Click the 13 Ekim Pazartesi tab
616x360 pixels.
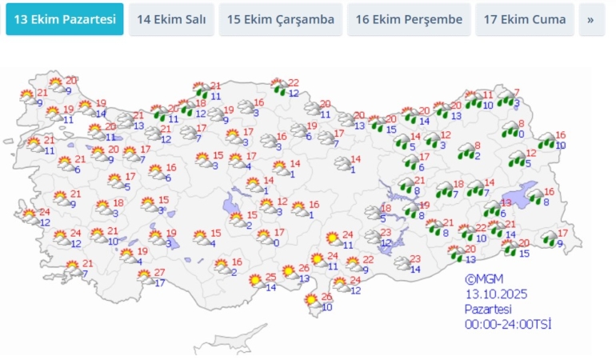pos(65,19)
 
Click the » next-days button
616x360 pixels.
pos(591,19)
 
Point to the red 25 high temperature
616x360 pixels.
pos(270,277)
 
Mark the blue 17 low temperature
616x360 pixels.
pos(160,283)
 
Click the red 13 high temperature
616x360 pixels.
pos(506,203)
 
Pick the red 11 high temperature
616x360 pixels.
pos(488,94)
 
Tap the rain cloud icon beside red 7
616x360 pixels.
pos(505,98)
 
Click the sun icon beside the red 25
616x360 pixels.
pos(256,281)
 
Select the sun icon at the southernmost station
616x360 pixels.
pos(311,302)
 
